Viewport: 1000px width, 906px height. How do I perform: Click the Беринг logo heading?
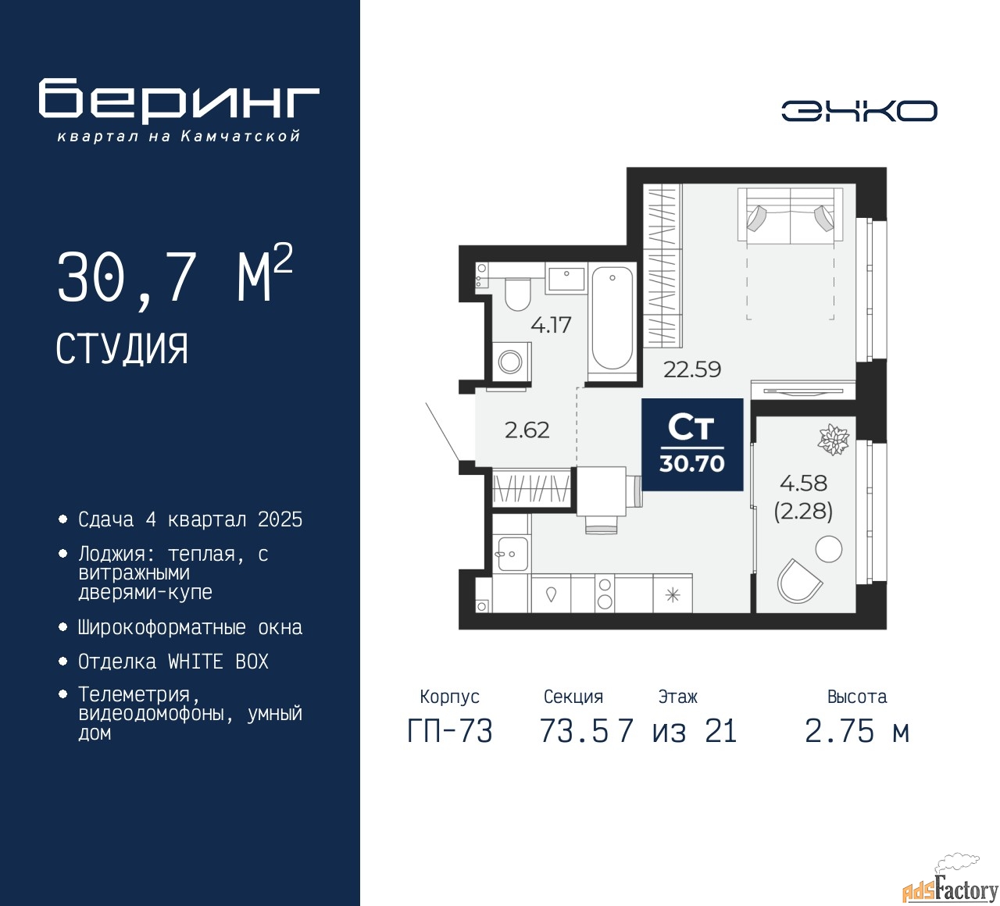pyautogui.click(x=179, y=101)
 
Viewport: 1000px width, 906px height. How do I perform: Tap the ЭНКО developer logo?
pyautogui.click(x=859, y=111)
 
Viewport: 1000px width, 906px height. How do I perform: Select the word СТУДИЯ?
pyautogui.click(x=122, y=348)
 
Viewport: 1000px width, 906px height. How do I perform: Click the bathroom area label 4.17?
pyautogui.click(x=551, y=325)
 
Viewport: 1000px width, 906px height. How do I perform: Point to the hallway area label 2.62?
pyautogui.click(x=527, y=430)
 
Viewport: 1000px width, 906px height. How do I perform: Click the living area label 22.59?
pyautogui.click(x=691, y=369)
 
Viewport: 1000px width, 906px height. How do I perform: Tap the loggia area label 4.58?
pyautogui.click(x=803, y=483)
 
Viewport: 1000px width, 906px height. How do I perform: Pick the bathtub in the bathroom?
pyautogui.click(x=612, y=318)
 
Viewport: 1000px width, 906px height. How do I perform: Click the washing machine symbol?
pyautogui.click(x=510, y=362)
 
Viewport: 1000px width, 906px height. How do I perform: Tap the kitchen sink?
pyautogui.click(x=511, y=554)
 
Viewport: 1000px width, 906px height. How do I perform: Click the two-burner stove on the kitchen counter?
pyautogui.click(x=604, y=594)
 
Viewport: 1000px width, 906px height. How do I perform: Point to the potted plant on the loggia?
pyautogui.click(x=833, y=440)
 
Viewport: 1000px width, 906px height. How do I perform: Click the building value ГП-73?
pyautogui.click(x=449, y=732)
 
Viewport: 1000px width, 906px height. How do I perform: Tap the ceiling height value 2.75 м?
pyautogui.click(x=856, y=732)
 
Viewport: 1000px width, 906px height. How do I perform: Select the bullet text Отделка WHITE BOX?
pyautogui.click(x=173, y=662)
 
